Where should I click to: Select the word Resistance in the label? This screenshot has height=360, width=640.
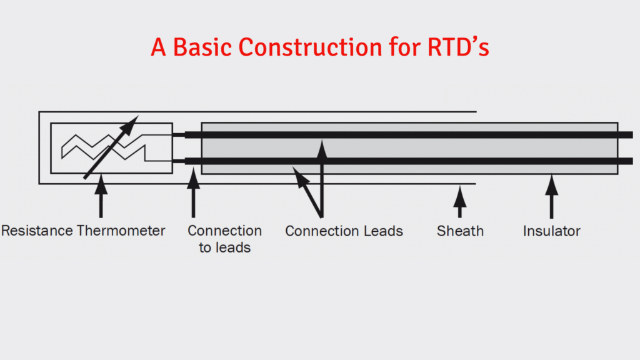(x=37, y=231)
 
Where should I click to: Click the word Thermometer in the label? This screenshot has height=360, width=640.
(x=121, y=231)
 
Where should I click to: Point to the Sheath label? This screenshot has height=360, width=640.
(x=460, y=231)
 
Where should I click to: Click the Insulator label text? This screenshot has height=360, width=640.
(x=551, y=231)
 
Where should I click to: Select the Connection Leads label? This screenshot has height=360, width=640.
(x=344, y=231)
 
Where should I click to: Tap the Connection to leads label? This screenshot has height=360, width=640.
(x=224, y=239)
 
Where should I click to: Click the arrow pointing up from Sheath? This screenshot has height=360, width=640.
(x=460, y=202)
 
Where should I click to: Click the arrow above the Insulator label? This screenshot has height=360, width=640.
(x=551, y=196)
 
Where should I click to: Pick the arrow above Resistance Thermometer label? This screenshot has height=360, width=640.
(x=100, y=197)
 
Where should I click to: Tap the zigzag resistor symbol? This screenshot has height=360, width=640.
(x=103, y=148)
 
